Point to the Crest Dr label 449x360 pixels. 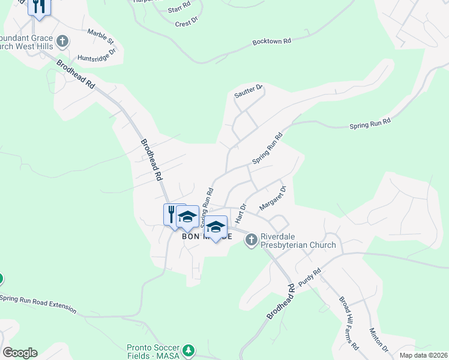point(186,23)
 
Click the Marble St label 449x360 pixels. point(100,36)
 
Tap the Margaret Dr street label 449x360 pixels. point(273,197)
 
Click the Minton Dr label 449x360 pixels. point(379,340)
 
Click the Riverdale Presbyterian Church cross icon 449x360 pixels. point(252,240)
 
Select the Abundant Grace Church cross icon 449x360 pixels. point(62,42)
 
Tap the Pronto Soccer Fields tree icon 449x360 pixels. point(189,349)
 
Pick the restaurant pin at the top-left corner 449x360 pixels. point(39,6)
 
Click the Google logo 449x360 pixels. point(20,353)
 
